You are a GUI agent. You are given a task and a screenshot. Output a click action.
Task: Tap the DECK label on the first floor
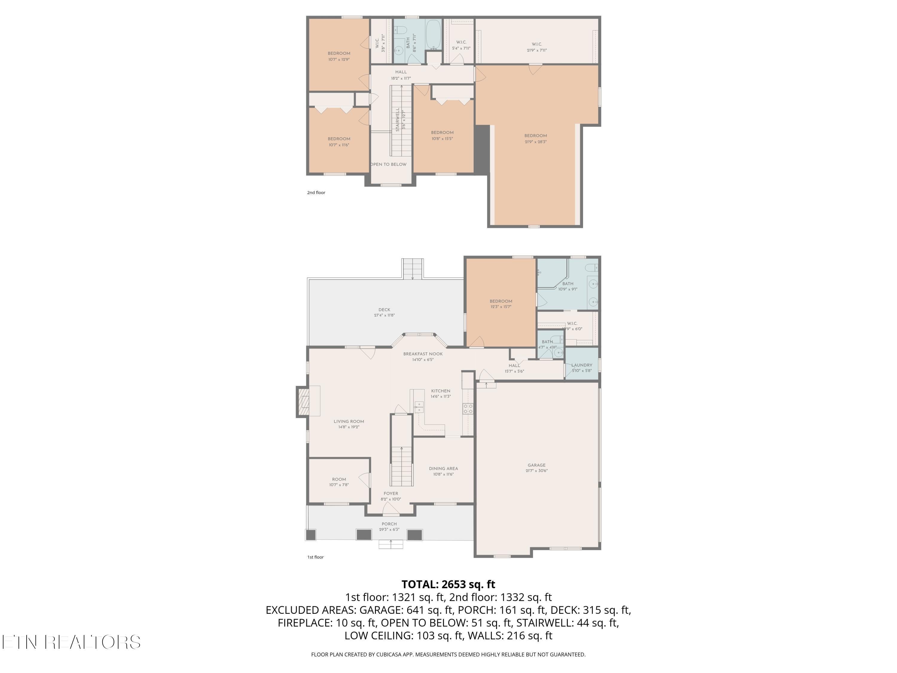(384, 310)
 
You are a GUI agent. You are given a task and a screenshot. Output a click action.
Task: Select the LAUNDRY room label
(582, 365)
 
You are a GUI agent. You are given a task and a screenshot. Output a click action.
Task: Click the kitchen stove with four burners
(468, 409)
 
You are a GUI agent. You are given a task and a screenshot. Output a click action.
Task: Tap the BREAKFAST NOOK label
(422, 354)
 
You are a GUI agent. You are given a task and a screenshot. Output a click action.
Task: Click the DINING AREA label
(443, 468)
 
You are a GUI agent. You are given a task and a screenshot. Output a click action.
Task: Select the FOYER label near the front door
(390, 494)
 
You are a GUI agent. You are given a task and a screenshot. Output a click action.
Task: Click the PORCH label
(389, 524)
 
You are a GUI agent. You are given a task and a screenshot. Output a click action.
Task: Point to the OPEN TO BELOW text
(388, 164)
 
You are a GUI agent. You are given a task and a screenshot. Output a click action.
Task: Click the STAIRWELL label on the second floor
(397, 119)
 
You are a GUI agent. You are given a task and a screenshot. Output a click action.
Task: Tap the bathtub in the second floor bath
(434, 34)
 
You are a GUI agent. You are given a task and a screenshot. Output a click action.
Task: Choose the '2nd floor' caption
(316, 193)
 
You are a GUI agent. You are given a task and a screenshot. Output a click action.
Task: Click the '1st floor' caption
(315, 557)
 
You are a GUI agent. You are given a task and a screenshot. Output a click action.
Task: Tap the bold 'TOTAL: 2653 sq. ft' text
(448, 584)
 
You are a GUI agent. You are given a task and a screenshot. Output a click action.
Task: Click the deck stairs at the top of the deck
(412, 269)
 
